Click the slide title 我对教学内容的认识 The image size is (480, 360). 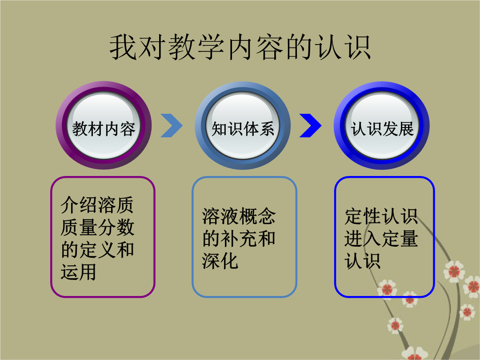(240, 48)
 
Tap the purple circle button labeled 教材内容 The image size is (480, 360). (104, 125)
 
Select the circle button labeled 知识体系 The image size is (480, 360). (243, 125)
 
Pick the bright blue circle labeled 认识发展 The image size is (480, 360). (382, 125)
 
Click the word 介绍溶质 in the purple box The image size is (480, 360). (97, 205)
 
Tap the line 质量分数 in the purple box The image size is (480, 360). (97, 228)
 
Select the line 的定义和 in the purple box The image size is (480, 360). (97, 250)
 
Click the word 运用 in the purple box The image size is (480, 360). (79, 272)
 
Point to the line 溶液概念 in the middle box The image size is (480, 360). (239, 216)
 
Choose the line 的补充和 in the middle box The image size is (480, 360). (239, 239)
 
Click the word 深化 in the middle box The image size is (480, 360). (220, 261)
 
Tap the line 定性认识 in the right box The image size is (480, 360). (381, 216)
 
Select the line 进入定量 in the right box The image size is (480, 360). (381, 239)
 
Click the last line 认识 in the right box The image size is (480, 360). (363, 261)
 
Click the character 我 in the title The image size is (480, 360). (123, 48)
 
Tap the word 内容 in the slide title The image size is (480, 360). (255, 48)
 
